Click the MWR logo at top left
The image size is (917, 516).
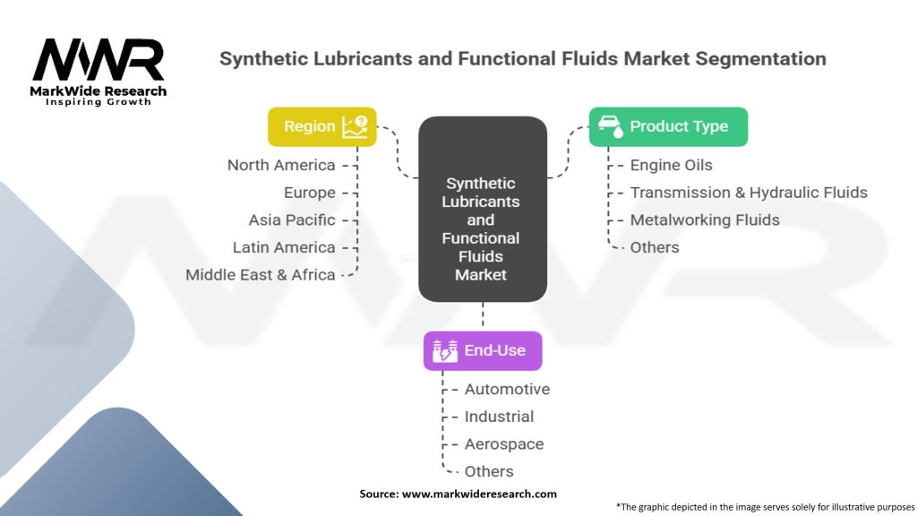coord(99,63)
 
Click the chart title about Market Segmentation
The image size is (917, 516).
coord(523,59)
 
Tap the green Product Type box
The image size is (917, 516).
coord(668,126)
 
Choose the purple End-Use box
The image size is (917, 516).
coord(483,350)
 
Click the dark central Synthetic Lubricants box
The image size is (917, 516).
coord(482,210)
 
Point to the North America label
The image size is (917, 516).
coord(281,165)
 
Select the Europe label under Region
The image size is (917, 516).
coord(310,193)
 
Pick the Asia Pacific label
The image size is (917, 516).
coord(292,219)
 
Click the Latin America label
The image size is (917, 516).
coord(284,247)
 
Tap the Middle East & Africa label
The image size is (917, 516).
coord(261,275)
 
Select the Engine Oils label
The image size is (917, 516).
coord(672,165)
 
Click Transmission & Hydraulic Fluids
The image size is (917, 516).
coord(749,193)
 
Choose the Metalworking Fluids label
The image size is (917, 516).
coord(705,219)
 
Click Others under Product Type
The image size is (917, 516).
coord(655,247)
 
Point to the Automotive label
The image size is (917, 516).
coord(507,389)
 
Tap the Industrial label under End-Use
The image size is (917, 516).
coord(499,417)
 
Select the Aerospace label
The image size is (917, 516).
coord(504,444)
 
